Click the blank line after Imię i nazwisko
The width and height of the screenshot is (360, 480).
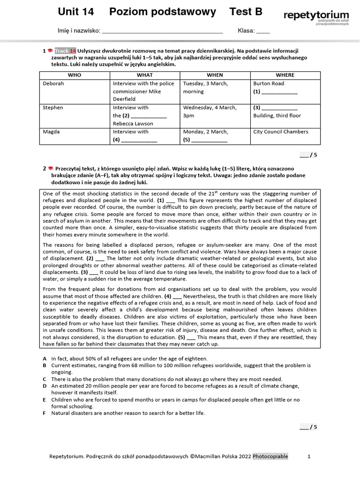(162, 32)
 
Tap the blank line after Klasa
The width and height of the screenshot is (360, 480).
(263, 32)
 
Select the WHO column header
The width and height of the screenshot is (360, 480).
(75, 75)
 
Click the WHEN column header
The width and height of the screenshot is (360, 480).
(215, 75)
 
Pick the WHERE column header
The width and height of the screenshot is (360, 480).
(285, 75)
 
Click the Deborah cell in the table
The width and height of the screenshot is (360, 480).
(53, 83)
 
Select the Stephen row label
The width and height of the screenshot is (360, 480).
(53, 108)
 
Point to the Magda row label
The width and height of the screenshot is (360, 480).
(51, 132)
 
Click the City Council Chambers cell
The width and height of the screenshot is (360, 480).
(281, 132)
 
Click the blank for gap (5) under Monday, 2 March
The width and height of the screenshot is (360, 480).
(210, 140)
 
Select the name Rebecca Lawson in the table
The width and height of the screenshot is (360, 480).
(133, 124)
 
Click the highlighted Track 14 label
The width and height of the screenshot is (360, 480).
(65, 51)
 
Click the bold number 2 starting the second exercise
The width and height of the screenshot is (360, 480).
(45, 168)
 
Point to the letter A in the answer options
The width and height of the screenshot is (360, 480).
(45, 359)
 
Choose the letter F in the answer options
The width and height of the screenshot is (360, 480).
(45, 413)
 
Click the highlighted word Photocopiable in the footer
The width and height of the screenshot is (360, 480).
(270, 456)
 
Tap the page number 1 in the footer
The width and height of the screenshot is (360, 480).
(308, 456)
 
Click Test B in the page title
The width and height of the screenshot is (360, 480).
(246, 12)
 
